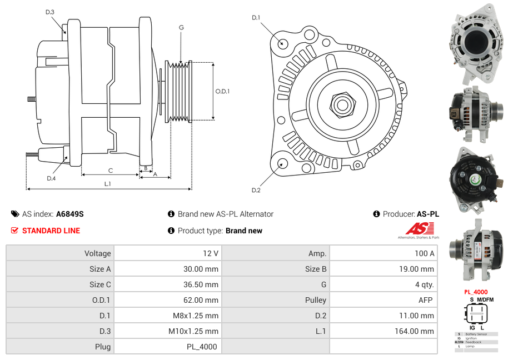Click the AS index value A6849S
coord(69,214)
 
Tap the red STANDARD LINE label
coord(51,231)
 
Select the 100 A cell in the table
coord(424,253)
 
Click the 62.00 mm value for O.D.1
coord(203,300)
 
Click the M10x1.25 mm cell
coord(193,331)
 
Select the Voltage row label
coord(97,253)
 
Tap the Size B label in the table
coord(315,269)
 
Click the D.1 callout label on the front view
coord(256,18)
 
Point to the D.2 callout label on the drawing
coord(256,191)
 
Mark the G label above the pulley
coord(181,27)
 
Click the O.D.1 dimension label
coord(222,91)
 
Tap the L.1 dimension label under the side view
coord(107,183)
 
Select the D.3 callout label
coord(49,12)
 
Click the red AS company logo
coord(419,228)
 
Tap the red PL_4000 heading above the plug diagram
coord(476,292)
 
